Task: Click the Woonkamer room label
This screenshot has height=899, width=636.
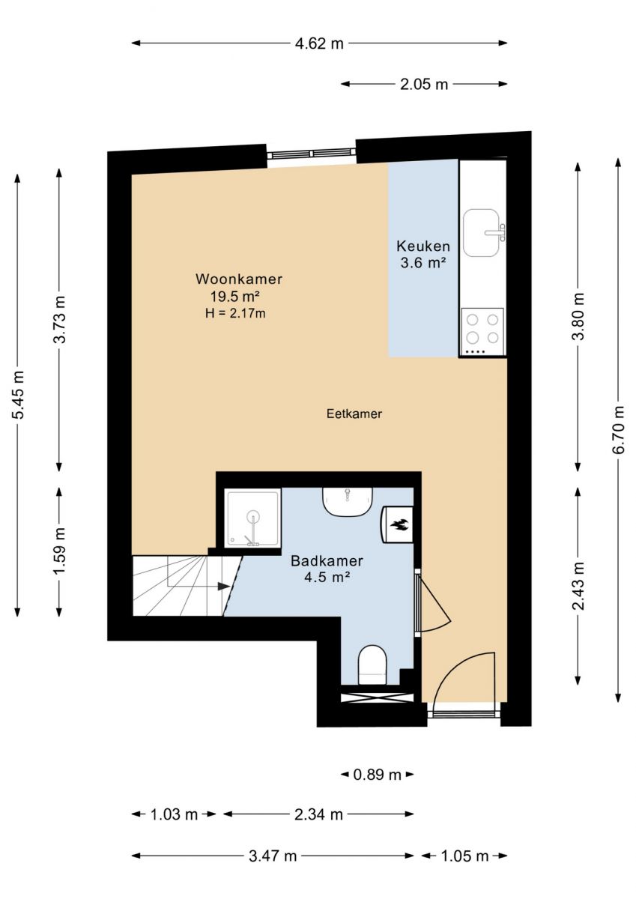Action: (x=239, y=279)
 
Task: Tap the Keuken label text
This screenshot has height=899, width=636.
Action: (x=423, y=246)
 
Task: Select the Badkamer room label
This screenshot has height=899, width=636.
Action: (x=327, y=560)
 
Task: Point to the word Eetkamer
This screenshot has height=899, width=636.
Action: (x=354, y=414)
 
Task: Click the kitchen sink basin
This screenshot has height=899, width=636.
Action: (x=482, y=233)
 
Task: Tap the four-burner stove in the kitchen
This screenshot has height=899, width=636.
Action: (x=482, y=331)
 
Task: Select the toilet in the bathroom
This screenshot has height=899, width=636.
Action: (x=373, y=665)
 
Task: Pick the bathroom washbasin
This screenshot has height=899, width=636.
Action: (x=348, y=502)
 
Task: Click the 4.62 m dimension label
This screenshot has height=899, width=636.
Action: (x=319, y=43)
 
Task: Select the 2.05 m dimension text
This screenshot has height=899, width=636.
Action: (x=424, y=84)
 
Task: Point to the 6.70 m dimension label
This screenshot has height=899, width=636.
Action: (x=618, y=430)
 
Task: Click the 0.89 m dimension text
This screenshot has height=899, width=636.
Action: (x=377, y=775)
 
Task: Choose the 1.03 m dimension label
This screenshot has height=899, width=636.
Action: (x=174, y=815)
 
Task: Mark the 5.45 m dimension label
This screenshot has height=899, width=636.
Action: (x=19, y=395)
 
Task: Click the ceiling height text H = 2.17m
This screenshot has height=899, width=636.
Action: (x=235, y=312)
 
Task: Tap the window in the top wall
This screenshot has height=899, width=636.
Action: (x=312, y=153)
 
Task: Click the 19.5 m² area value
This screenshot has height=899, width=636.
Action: (x=234, y=296)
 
